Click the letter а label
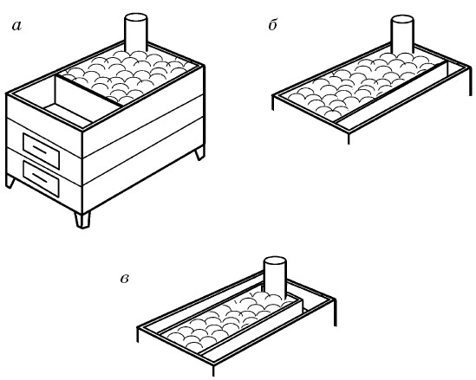pos(17,26)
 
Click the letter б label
pos(272,24)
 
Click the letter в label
pos(125,279)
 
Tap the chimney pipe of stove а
pos(136,32)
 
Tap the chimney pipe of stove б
pos(402,35)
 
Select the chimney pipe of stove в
pos(276,277)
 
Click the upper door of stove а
pos(41,150)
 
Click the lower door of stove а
pos(41,179)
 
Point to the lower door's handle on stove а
pos(40,177)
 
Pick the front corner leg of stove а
pos(82,219)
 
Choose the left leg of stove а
pos(10,182)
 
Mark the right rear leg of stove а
pos(199,152)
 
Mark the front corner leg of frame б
pos(349,138)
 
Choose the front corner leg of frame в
pos(213,370)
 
